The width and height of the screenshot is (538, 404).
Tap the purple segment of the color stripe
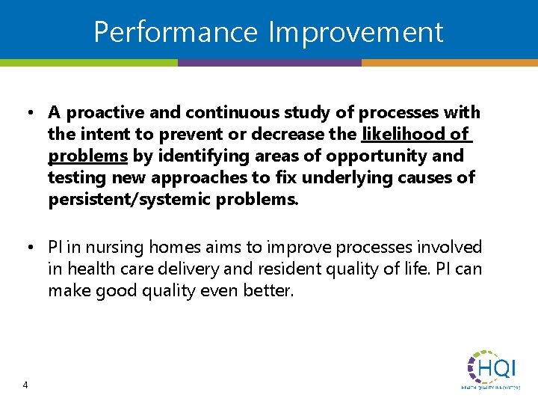[x=269, y=63]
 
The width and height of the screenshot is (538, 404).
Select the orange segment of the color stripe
[x=449, y=63]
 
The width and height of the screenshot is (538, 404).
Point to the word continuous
[x=222, y=113]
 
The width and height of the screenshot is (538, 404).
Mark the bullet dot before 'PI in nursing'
[x=26, y=248]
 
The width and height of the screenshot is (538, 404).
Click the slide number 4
[x=25, y=385]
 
